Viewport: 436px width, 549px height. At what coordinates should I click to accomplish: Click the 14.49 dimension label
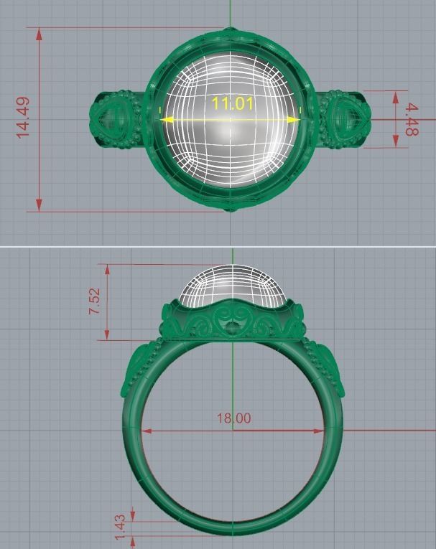click(x=22, y=118)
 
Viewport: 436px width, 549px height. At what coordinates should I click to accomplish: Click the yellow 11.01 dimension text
click(x=232, y=103)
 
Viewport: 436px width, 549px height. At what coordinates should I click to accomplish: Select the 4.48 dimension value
click(x=411, y=120)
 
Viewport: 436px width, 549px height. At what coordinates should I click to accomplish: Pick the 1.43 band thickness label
click(x=120, y=524)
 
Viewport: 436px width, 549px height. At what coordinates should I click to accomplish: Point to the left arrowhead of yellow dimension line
click(x=165, y=119)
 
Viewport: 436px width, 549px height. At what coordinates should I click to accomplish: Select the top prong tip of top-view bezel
click(x=230, y=30)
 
